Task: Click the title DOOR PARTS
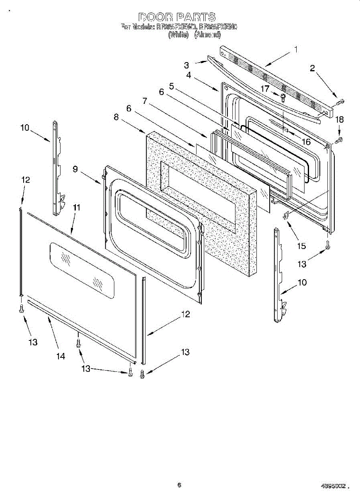[x=177, y=17]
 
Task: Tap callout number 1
[x=296, y=49]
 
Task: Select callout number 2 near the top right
[x=312, y=69]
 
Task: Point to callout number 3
[x=187, y=65]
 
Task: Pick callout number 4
[x=188, y=75]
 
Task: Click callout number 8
[x=116, y=118]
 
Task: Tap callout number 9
[x=75, y=169]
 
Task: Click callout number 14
[x=61, y=356]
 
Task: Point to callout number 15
[x=301, y=246]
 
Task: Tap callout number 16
[x=306, y=142]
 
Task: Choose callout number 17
[x=265, y=89]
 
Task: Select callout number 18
[x=339, y=120]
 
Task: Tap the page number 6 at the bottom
[x=179, y=485]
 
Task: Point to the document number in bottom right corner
[x=333, y=485]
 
